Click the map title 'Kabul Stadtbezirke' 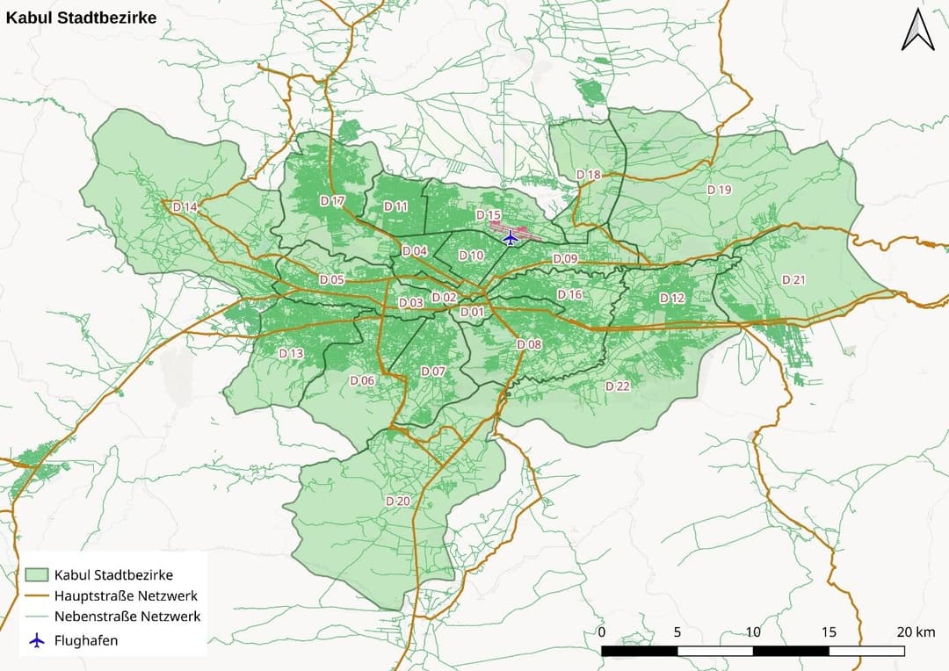click(x=81, y=17)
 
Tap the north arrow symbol click(x=918, y=30)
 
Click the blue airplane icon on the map click(x=510, y=237)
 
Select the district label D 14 click(x=185, y=206)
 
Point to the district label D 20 click(x=398, y=501)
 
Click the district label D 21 click(x=793, y=279)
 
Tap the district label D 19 click(x=719, y=190)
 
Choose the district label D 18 click(x=589, y=175)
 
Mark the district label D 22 click(x=618, y=386)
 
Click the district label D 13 click(x=291, y=353)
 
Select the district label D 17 click(x=333, y=201)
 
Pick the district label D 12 click(x=671, y=298)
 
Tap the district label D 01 click(x=472, y=312)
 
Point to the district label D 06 click(x=362, y=380)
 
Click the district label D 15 click(x=488, y=215)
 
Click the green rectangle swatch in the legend click(x=36, y=575)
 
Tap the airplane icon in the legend click(x=36, y=640)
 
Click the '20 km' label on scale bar click(x=916, y=632)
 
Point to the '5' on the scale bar click(x=677, y=632)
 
